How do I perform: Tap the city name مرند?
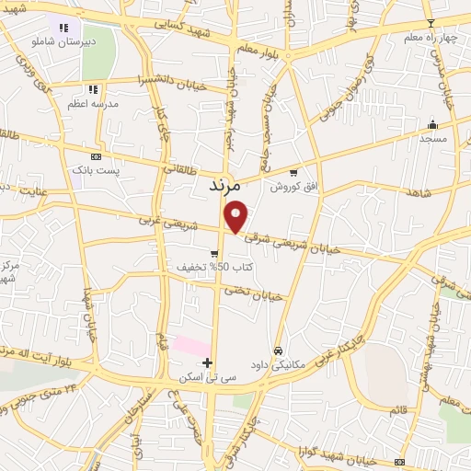pos(224,186)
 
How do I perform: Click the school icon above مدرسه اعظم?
pos(93,90)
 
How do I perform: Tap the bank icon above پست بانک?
pos(96,158)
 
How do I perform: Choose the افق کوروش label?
pos(292,186)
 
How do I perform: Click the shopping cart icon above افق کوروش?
pos(293,172)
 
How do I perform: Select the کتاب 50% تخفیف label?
pos(215,267)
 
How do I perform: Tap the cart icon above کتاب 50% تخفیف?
pos(214,254)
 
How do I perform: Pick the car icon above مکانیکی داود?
pos(278,350)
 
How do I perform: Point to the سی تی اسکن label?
pos(209,376)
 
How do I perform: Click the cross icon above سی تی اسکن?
pos(209,362)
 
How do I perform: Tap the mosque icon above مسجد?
pos(432,124)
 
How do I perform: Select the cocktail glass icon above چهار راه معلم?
pos(430,22)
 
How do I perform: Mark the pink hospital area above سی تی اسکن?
pos(191,346)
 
